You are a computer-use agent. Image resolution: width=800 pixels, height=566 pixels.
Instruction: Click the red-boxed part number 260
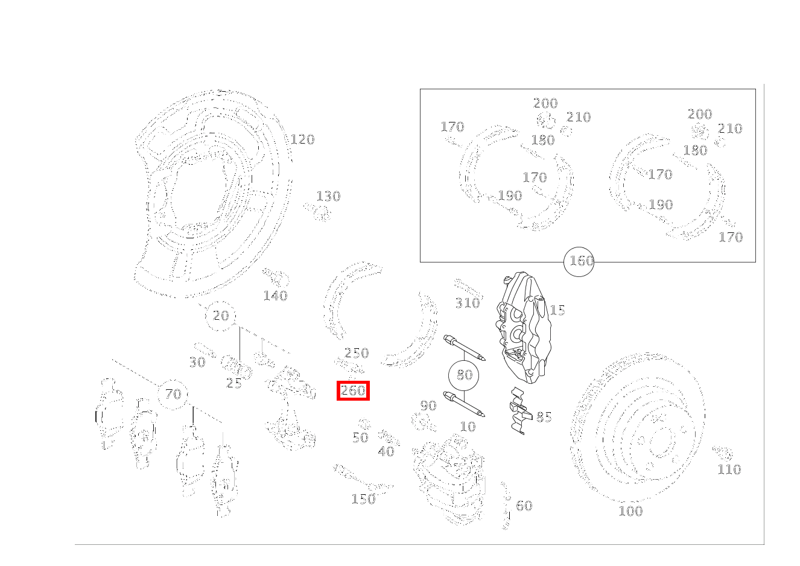353,390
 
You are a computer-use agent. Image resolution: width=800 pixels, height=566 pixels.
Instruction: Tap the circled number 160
579,261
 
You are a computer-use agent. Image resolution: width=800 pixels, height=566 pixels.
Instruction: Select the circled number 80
463,375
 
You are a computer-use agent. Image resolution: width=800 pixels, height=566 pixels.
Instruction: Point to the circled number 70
173,395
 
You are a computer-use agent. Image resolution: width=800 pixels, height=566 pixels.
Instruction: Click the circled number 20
220,316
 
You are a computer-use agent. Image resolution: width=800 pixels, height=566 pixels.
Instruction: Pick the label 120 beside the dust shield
302,139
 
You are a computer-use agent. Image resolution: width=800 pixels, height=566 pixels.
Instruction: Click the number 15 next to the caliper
557,310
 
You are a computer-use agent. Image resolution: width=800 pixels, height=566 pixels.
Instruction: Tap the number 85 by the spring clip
544,417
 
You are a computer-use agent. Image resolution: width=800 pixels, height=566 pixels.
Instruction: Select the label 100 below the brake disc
630,511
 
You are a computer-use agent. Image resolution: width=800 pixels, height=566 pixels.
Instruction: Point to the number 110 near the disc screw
729,469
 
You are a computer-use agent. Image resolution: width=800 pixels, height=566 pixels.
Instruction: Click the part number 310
467,303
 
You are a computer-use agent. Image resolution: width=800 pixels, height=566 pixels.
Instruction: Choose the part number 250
357,353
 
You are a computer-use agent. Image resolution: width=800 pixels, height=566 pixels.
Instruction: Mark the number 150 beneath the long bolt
363,499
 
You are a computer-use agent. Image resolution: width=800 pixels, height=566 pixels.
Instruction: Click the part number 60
524,506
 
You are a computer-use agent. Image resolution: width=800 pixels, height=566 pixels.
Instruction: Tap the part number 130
328,196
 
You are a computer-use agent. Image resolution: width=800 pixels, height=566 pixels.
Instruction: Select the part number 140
275,296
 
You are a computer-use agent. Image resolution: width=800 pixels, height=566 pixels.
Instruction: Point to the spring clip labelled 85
519,411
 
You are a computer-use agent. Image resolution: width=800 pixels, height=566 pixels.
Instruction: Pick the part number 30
197,363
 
